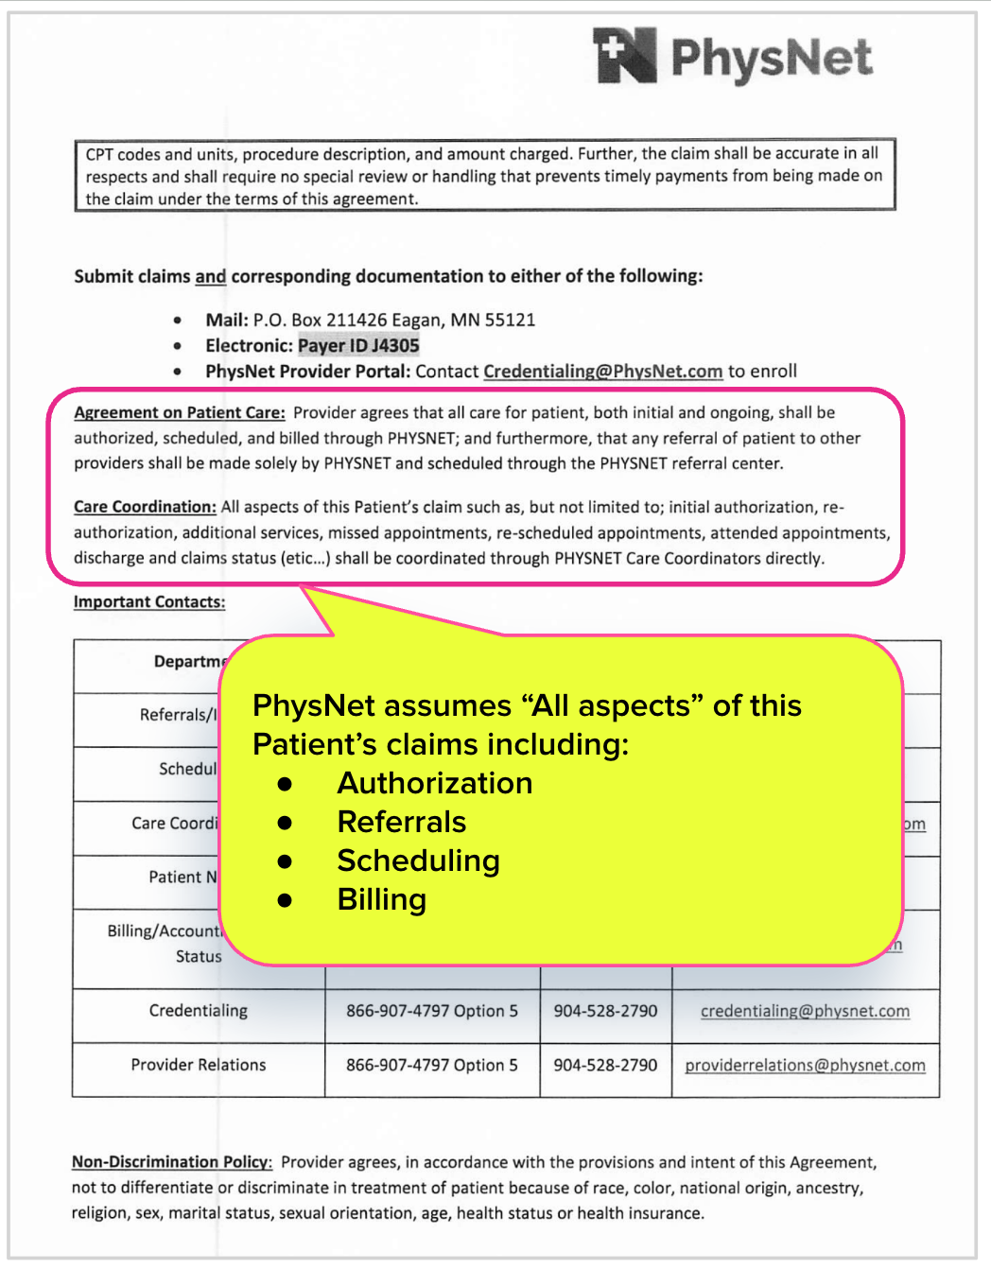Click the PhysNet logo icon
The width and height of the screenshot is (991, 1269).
tap(625, 55)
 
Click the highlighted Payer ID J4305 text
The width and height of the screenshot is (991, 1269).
tap(358, 346)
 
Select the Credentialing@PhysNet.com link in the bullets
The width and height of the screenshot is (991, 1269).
tap(602, 372)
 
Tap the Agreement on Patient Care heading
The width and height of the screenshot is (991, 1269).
tap(180, 413)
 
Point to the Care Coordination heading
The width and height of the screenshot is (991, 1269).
tap(145, 508)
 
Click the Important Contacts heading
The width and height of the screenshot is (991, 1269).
tap(149, 602)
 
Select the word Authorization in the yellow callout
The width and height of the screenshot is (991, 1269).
tap(435, 784)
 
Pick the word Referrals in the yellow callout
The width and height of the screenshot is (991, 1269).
tap(402, 823)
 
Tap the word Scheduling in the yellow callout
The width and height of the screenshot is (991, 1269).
tap(418, 861)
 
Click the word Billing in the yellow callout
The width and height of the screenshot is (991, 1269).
tap(382, 900)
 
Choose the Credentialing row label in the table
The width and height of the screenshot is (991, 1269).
tap(199, 1011)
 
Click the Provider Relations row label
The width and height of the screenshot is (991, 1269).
tap(199, 1066)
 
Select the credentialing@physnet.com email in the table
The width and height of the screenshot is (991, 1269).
tap(805, 1012)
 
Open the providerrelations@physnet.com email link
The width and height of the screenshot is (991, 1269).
tap(805, 1066)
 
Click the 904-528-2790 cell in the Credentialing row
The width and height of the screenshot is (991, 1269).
tap(605, 1012)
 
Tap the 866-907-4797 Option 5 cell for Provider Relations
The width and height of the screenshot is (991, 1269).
tap(432, 1066)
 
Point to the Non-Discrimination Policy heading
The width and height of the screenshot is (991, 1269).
tap(172, 1162)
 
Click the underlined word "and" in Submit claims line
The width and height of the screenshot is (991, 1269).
tap(210, 277)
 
